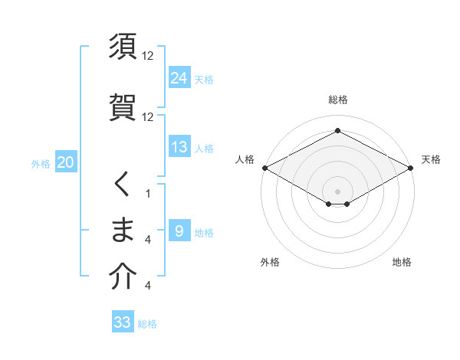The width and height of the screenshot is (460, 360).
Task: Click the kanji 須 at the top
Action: click(x=123, y=47)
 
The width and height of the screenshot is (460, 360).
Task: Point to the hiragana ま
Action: click(x=123, y=231)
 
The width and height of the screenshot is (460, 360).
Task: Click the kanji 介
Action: click(x=123, y=277)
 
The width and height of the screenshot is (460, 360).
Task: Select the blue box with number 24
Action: click(x=179, y=77)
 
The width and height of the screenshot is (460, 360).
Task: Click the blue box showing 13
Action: click(x=179, y=147)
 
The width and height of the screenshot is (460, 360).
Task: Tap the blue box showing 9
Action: click(x=179, y=231)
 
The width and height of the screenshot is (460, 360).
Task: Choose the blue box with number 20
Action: click(x=65, y=162)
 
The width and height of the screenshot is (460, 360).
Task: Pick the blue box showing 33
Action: click(x=123, y=322)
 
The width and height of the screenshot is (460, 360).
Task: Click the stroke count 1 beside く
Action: click(x=148, y=195)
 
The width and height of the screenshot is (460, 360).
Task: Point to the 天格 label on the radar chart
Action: click(x=431, y=159)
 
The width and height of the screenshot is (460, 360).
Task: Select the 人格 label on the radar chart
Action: click(x=245, y=159)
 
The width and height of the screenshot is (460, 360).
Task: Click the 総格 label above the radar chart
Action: click(x=338, y=100)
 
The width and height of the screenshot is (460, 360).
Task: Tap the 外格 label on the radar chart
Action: click(x=270, y=262)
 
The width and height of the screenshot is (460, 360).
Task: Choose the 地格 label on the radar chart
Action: click(x=402, y=262)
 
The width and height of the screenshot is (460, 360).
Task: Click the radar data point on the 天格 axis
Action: click(x=412, y=167)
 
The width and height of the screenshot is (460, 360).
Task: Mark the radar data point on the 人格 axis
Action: click(x=264, y=167)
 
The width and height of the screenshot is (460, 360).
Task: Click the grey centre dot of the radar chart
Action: click(x=338, y=191)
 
